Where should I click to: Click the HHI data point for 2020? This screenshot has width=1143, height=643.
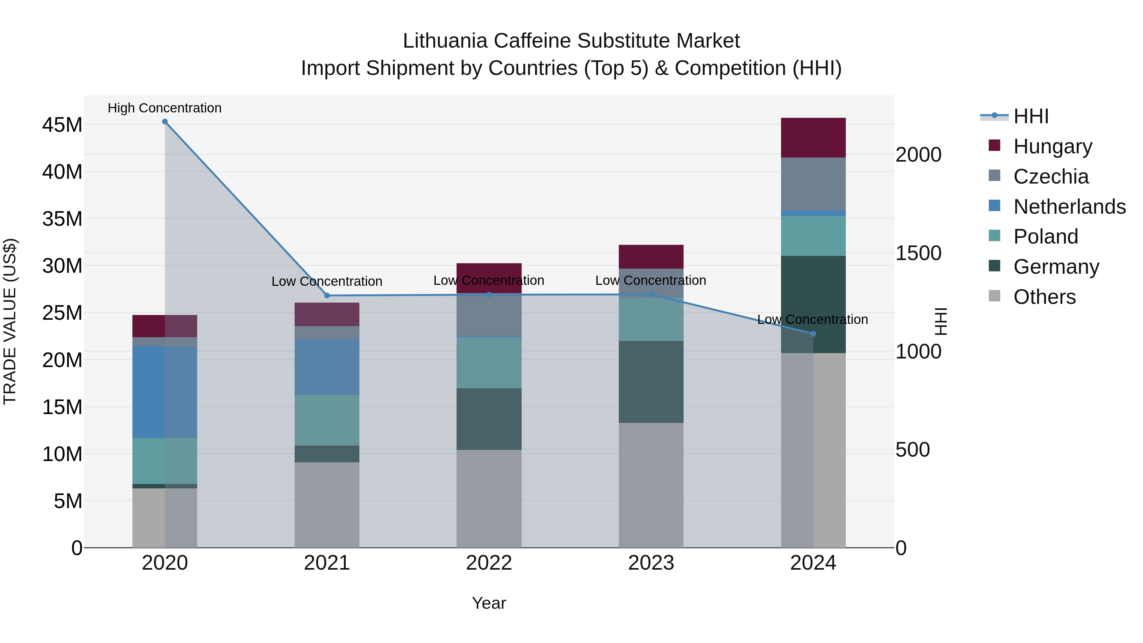click(164, 122)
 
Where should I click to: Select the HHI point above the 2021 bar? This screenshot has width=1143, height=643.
click(327, 296)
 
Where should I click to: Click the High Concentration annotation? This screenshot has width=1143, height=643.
click(164, 108)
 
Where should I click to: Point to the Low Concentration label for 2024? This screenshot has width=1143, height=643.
click(812, 319)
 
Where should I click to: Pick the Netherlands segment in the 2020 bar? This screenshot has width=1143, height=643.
click(164, 392)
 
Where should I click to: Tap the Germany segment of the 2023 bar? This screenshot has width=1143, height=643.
click(651, 382)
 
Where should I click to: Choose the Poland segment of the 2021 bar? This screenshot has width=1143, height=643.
click(327, 420)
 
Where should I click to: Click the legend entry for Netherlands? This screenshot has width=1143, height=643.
click(1069, 207)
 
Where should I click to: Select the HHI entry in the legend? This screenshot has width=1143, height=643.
click(1031, 116)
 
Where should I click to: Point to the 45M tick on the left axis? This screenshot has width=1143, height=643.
click(62, 125)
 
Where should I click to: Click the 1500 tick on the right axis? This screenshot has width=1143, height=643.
click(918, 253)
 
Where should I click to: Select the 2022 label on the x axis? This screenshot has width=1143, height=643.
click(489, 563)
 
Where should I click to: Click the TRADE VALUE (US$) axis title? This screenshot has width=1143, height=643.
click(10, 321)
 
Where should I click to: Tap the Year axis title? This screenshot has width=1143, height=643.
click(489, 603)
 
